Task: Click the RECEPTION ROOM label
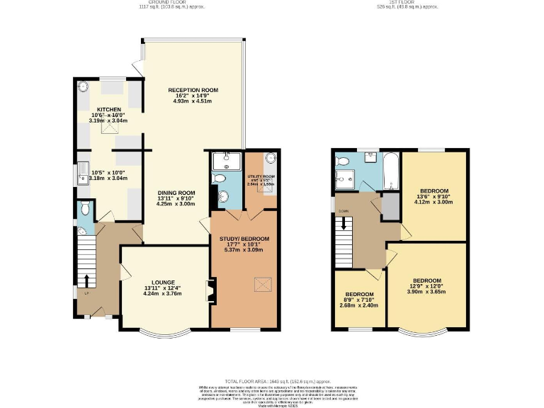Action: click(x=193, y=90)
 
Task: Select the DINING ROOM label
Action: click(x=176, y=193)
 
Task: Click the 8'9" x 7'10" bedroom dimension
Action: click(x=360, y=300)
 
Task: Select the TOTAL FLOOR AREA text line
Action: click(x=272, y=382)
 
